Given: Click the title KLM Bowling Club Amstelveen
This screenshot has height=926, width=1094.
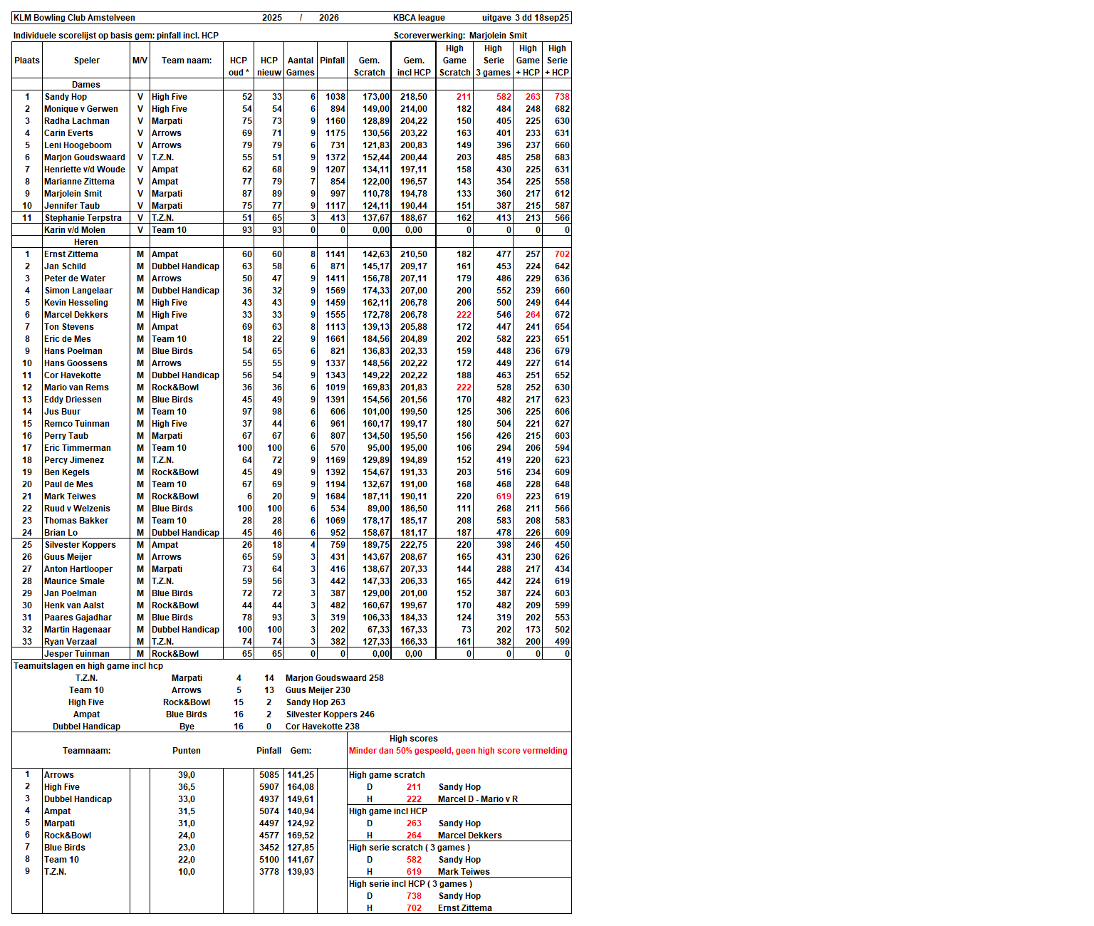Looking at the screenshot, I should click(74, 18).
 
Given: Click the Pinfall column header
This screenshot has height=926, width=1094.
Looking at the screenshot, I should click(332, 61).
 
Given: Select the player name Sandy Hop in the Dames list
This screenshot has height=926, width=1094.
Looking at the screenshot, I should click(66, 97).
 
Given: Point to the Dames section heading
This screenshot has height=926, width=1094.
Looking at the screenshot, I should click(86, 85).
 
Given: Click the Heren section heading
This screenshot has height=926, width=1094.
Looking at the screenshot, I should click(86, 242).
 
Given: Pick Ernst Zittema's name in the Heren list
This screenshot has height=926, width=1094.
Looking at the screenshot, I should click(71, 254).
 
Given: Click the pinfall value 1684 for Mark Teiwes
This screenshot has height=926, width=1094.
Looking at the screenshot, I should click(335, 496).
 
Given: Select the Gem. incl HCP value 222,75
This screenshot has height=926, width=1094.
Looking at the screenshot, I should click(414, 545).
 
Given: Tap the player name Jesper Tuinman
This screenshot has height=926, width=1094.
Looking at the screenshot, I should click(77, 654).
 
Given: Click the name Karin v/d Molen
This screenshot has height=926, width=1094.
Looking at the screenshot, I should click(75, 230).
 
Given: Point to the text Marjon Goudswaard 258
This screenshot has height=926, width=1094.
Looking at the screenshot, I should click(335, 678).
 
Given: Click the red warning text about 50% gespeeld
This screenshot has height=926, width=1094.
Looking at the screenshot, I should click(458, 751).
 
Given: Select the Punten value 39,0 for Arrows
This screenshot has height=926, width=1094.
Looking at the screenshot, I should click(187, 775).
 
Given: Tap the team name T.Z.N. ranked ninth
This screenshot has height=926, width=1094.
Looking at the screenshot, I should click(56, 872).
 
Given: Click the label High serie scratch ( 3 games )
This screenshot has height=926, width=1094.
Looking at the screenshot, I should click(410, 848).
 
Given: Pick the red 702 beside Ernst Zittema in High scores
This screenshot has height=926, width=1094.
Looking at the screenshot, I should click(414, 908).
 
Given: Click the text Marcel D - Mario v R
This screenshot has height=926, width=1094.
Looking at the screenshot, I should click(478, 799).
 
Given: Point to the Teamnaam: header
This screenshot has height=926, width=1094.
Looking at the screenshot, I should click(86, 751).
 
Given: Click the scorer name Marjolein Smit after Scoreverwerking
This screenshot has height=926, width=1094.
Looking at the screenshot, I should click(498, 36).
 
